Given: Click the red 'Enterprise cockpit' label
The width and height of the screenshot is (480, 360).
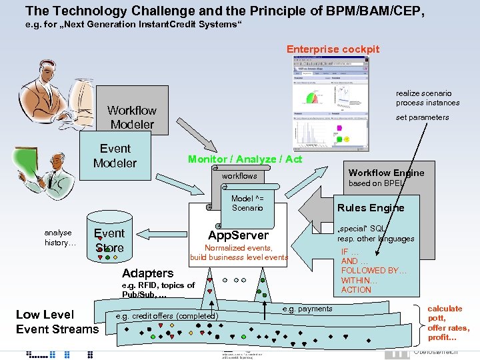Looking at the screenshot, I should [x=333, y=49].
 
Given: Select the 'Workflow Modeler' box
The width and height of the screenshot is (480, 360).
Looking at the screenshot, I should [x=132, y=117].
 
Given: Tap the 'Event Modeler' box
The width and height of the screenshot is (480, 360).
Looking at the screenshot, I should [x=115, y=156].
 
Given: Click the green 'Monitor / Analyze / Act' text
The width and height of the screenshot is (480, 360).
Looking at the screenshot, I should [x=245, y=159].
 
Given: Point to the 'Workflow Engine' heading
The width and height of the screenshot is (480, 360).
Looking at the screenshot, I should [x=386, y=173].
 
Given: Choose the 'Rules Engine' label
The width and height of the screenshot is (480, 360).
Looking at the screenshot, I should [x=371, y=207].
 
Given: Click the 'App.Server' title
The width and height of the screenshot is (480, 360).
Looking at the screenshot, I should [x=238, y=235].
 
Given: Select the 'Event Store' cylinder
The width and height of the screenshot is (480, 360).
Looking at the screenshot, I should [x=109, y=240].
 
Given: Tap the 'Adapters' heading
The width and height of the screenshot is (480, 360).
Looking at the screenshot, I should [x=147, y=273].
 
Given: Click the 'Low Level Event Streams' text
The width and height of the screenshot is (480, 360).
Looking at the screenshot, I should [x=57, y=321].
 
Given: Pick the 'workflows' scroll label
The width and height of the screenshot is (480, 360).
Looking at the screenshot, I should [x=239, y=176].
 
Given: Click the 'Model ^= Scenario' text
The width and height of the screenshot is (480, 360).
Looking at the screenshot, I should [x=247, y=203].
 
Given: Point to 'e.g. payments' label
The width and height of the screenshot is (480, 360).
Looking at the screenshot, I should [x=307, y=309].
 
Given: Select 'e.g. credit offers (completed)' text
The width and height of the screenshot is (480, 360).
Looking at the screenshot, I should [x=167, y=315].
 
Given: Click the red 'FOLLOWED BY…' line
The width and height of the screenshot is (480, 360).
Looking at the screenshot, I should [x=374, y=271].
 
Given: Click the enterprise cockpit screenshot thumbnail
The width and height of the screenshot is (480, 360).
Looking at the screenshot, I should [x=330, y=103].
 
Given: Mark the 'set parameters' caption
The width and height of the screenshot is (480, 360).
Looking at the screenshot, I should [x=422, y=117].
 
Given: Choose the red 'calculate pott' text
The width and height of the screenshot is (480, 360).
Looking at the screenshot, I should [x=445, y=313].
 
